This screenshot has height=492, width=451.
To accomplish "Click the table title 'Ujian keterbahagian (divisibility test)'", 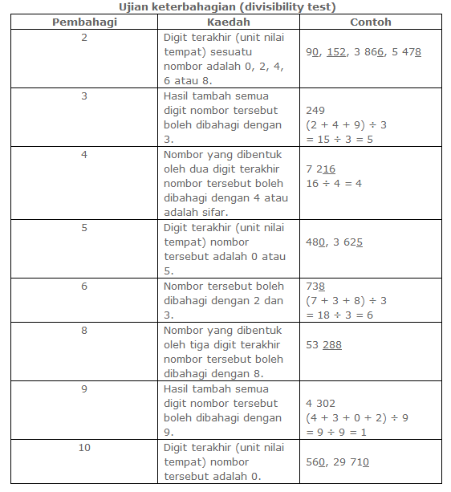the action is click(227, 7).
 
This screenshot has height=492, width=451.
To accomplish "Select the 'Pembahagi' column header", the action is click(84, 22).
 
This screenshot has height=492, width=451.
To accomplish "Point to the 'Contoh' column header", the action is click(371, 22).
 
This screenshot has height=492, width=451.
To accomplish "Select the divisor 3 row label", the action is click(84, 96).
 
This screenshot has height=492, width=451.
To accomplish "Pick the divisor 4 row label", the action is click(84, 154).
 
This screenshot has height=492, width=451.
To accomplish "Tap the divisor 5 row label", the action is click(84, 227).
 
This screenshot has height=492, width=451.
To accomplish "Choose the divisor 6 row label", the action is click(84, 286).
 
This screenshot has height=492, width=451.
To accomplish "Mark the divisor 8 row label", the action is click(84, 330).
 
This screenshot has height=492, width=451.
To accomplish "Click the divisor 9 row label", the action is click(84, 388).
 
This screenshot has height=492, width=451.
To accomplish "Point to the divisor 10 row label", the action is click(84, 447).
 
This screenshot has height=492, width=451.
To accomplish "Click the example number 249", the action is click(316, 110).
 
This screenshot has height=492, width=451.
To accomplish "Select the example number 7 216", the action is click(321, 169).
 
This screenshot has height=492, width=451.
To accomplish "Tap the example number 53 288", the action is click(324, 344).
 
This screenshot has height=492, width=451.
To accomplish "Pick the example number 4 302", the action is click(321, 403).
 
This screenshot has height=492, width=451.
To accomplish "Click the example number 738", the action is click(316, 286).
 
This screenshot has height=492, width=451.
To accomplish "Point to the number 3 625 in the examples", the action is click(347, 242).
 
